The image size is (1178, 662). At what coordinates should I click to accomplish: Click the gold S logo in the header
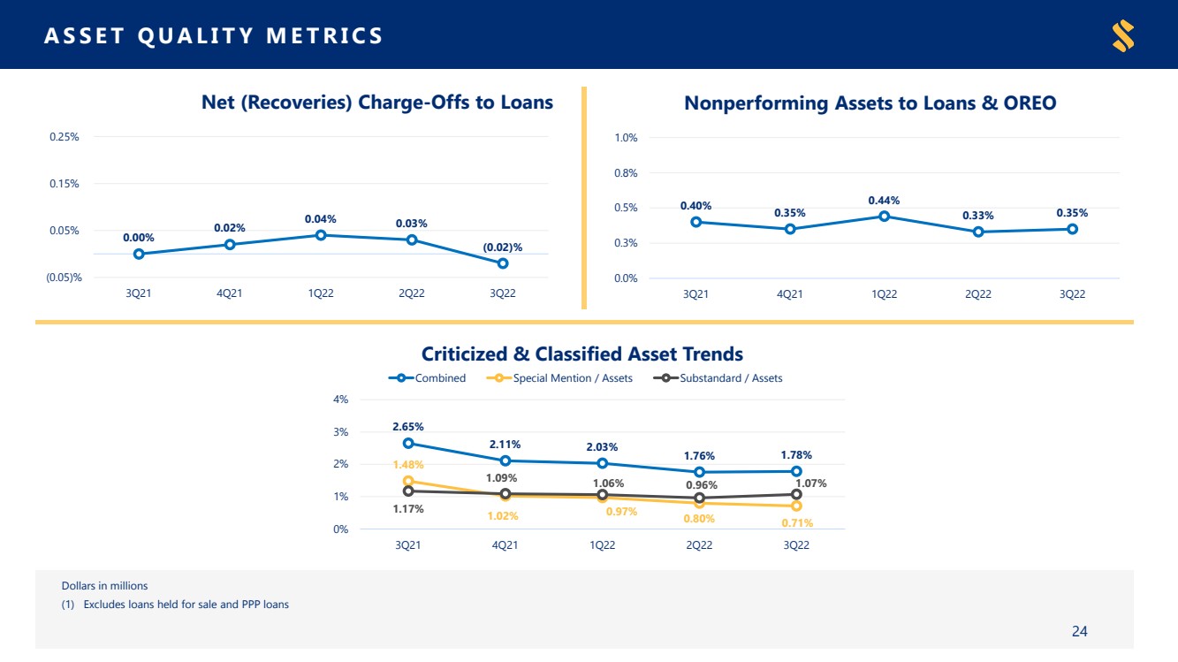point(1123,35)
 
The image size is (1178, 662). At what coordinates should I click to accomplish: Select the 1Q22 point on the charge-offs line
point(321,235)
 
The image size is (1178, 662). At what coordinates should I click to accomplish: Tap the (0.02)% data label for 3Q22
point(502,247)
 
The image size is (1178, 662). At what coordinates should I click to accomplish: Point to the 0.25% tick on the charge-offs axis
point(65,137)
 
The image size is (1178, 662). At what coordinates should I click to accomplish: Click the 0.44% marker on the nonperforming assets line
point(885,217)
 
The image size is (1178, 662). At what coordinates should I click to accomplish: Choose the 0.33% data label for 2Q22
point(977,216)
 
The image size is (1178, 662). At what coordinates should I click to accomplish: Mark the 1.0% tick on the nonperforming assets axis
point(626,138)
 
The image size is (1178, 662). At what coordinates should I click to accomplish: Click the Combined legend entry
point(427,378)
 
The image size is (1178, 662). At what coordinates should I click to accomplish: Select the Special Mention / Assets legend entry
point(559,378)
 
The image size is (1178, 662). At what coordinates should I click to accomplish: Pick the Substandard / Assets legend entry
point(718,378)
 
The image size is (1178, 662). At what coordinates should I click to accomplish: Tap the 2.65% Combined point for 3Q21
point(408,444)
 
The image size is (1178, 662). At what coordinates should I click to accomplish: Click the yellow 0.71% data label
point(797,522)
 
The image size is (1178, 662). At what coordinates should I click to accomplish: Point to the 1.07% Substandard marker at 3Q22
point(797,494)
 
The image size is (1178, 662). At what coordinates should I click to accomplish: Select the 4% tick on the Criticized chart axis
point(341,399)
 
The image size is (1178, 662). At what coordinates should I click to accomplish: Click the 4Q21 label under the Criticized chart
point(505,544)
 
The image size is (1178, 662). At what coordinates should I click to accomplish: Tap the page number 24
point(1080,631)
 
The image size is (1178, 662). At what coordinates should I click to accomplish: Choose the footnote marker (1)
point(68,605)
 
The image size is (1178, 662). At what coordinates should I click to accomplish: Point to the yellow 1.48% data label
point(408,464)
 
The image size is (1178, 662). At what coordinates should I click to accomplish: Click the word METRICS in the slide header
point(324,35)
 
